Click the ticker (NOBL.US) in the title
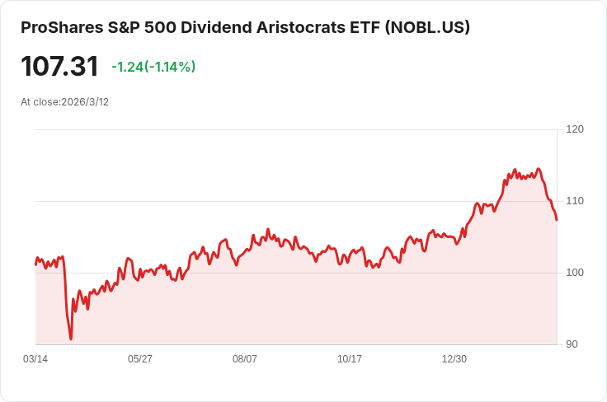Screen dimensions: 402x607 [x=428, y=28]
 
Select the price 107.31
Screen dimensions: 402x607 [x=59, y=67]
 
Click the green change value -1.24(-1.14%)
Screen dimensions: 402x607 [x=153, y=67]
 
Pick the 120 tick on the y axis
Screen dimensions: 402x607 [x=575, y=129]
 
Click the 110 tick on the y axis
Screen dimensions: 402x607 [x=575, y=201]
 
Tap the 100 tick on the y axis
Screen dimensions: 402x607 [x=575, y=273]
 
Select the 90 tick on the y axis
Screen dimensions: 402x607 [x=572, y=344]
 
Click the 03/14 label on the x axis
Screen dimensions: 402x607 [x=35, y=359]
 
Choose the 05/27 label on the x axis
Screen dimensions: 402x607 [x=140, y=359]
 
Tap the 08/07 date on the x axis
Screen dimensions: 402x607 [x=245, y=359]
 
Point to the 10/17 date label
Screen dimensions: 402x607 [x=350, y=359]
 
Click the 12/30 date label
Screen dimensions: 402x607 [x=454, y=359]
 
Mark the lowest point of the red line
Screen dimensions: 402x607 [x=71, y=339]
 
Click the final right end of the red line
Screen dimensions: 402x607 [x=557, y=220]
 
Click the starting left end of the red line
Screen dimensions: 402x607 [x=35, y=264]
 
